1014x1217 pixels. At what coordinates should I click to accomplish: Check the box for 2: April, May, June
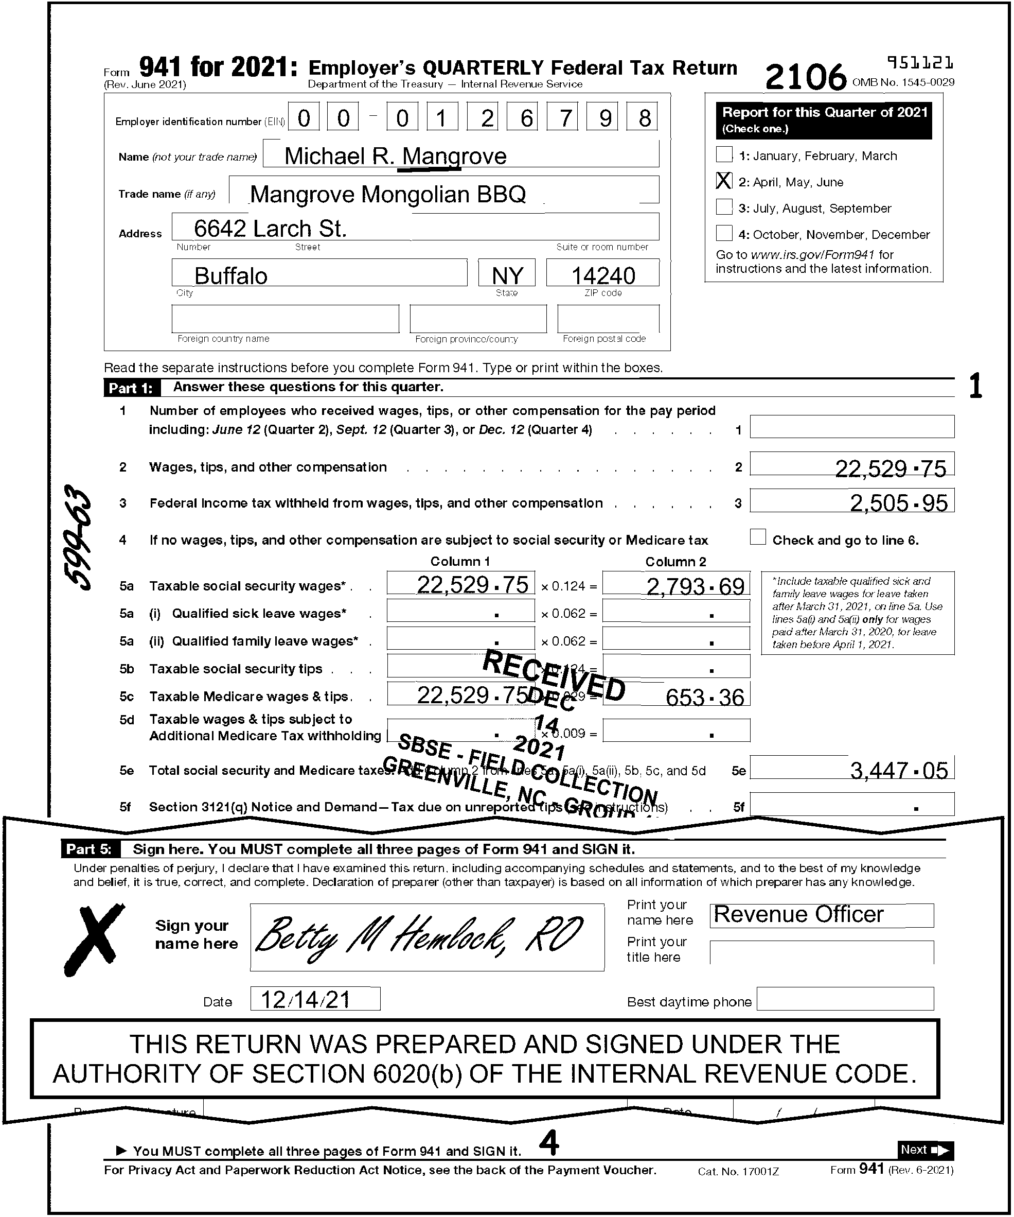click(724, 181)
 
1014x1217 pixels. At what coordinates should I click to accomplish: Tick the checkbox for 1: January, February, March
click(724, 155)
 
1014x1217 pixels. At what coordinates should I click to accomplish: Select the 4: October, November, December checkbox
click(724, 233)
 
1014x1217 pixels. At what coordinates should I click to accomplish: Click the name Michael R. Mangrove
click(396, 156)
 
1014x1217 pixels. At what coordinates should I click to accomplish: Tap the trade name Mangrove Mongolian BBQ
click(387, 194)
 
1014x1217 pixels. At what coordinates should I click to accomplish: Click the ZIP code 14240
click(603, 275)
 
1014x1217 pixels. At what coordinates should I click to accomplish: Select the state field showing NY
click(507, 275)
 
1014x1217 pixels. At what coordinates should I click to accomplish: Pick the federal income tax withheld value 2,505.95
click(898, 503)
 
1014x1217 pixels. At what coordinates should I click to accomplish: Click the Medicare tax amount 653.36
click(704, 697)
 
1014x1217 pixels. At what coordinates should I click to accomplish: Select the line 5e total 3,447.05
click(898, 770)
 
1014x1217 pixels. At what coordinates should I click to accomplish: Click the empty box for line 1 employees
click(851, 427)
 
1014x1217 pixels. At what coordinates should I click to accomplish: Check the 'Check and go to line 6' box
click(757, 537)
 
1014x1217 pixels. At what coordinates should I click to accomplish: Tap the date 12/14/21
click(305, 1000)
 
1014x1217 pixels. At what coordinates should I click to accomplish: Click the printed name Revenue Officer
click(799, 914)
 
